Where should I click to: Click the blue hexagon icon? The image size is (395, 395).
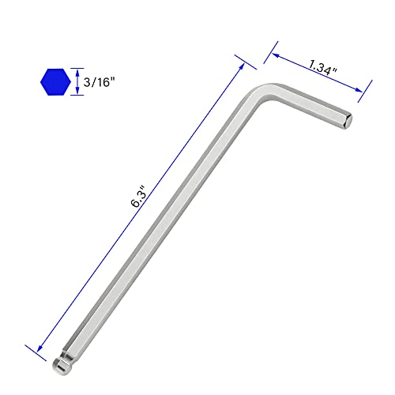click(x=54, y=81)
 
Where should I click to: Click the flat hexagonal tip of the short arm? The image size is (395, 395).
click(x=348, y=121)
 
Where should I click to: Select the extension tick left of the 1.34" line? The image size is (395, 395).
click(x=272, y=49)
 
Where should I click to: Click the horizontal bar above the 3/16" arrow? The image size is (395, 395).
click(x=77, y=66)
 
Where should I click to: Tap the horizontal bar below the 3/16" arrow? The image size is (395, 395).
click(x=77, y=95)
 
